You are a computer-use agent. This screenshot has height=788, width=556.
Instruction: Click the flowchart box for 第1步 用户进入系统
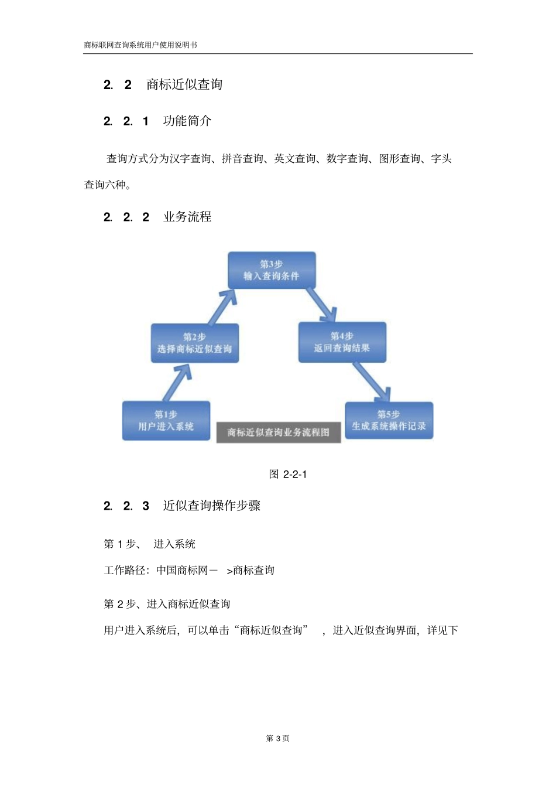click(166, 421)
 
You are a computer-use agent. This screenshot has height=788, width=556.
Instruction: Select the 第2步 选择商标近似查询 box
click(195, 343)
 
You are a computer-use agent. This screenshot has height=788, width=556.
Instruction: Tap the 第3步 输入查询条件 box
click(272, 270)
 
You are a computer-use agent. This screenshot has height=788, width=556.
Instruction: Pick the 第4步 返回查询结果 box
click(342, 342)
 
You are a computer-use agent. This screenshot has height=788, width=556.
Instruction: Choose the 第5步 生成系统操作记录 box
click(389, 421)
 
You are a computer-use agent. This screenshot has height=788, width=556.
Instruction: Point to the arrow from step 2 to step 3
click(222, 306)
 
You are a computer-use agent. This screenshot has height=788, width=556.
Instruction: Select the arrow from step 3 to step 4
click(321, 304)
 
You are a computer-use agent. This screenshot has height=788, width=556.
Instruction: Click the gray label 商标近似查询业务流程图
click(279, 432)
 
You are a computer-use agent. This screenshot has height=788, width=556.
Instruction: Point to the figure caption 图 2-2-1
click(288, 474)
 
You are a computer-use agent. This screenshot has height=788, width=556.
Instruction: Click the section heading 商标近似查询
click(184, 84)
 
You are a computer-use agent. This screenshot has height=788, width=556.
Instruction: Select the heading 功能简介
click(187, 121)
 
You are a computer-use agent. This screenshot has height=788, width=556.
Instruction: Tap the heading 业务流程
click(187, 217)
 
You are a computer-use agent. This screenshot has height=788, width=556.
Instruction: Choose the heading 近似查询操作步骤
click(212, 506)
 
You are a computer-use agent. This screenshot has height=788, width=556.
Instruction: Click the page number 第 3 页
click(278, 738)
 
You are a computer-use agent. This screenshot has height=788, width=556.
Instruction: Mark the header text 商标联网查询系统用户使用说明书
click(140, 45)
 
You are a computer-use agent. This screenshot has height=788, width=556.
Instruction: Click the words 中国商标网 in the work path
click(182, 570)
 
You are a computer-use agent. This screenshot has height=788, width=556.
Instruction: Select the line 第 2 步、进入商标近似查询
click(167, 604)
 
